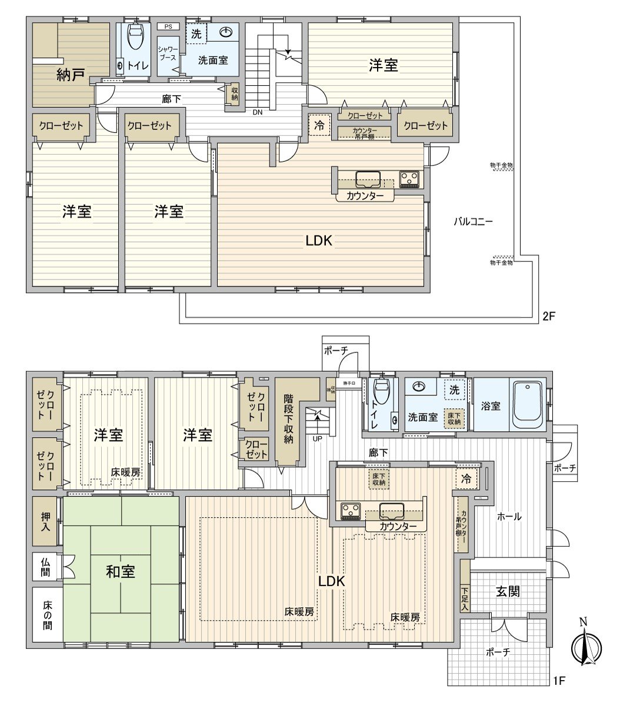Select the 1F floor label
click(x=559, y=681)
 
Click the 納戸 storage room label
click(x=71, y=75)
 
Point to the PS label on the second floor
click(x=168, y=26)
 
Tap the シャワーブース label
click(x=167, y=54)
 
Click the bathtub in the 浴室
click(x=528, y=405)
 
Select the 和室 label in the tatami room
click(x=120, y=571)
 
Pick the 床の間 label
click(x=46, y=615)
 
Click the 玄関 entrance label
click(x=507, y=591)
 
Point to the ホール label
click(x=509, y=517)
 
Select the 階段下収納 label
click(x=288, y=418)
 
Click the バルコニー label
click(x=473, y=222)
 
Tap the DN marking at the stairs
click(x=258, y=112)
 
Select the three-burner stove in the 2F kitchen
click(x=408, y=177)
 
